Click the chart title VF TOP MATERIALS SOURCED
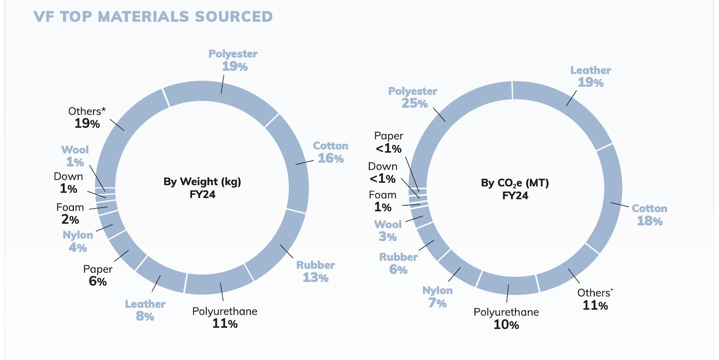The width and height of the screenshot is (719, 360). [x=153, y=16]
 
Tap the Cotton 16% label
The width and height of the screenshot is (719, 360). [x=331, y=152]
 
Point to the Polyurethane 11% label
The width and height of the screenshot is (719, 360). [x=225, y=317]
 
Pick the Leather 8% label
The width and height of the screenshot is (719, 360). [x=145, y=310]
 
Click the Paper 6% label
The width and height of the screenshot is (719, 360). [x=98, y=275]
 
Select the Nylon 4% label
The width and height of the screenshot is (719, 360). [x=78, y=241]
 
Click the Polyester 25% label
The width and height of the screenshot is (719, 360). [x=413, y=97]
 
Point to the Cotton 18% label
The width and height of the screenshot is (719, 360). [x=650, y=215]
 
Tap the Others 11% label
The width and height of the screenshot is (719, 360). [x=595, y=299]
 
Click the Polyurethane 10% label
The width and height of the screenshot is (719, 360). [x=506, y=318]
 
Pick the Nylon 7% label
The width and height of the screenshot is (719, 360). [x=437, y=296]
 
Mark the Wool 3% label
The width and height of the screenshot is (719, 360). [x=388, y=230]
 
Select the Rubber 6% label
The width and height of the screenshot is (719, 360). [x=398, y=263]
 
